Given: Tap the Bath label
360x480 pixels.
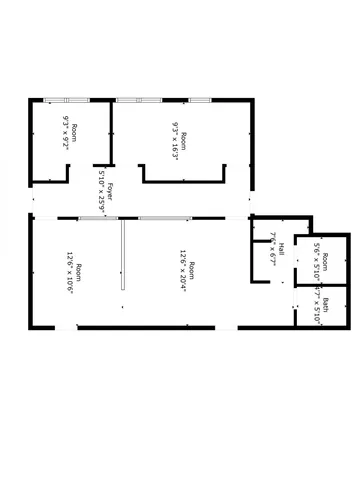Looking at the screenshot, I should (x=326, y=306).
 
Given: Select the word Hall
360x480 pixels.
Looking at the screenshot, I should (x=282, y=248).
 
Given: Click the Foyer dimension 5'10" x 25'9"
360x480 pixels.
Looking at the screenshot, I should (x=101, y=186).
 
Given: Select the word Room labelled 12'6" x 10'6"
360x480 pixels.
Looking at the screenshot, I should (x=78, y=270).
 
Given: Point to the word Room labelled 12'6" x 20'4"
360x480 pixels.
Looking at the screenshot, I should (x=192, y=269).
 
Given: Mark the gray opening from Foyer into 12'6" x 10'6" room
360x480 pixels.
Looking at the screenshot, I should (x=98, y=217).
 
